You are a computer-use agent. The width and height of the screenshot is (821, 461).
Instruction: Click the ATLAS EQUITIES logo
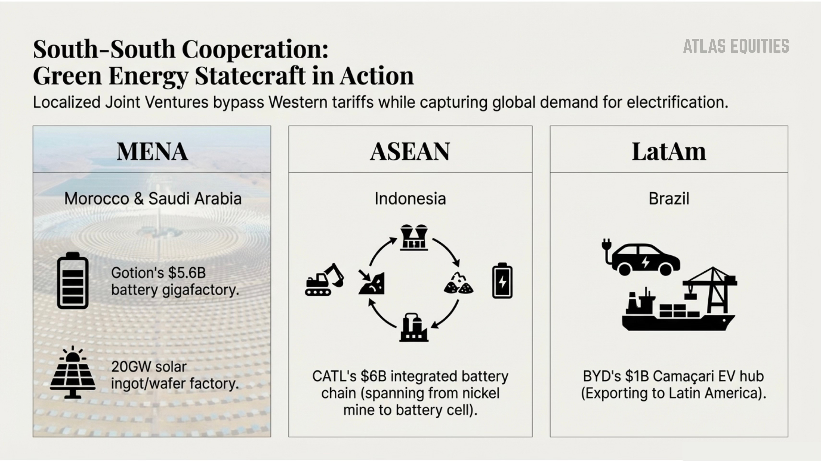coord(736,46)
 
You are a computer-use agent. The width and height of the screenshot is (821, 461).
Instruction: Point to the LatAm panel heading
coord(669,151)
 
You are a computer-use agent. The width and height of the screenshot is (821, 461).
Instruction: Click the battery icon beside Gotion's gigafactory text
coord(73,281)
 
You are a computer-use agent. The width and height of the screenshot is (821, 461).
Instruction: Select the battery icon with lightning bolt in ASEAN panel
coord(502,281)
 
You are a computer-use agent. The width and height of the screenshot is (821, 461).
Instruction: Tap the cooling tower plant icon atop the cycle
coord(414,237)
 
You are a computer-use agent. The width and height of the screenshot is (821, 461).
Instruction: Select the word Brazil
coord(669,199)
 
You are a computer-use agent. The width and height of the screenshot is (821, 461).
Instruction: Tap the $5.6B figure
coord(187,273)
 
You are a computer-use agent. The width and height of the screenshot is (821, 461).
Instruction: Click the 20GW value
coord(127,367)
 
